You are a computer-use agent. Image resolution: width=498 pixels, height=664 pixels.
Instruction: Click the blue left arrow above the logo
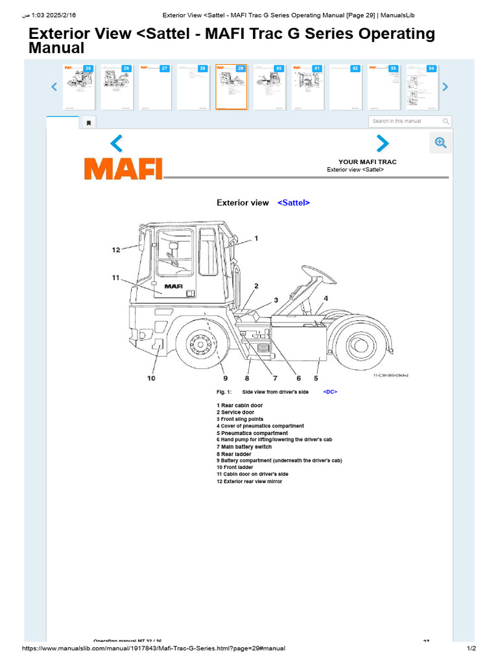click(x=116, y=143)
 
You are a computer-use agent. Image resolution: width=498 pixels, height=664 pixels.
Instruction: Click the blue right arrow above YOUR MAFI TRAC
click(x=383, y=143)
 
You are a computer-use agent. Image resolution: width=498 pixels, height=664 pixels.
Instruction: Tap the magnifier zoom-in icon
click(x=440, y=143)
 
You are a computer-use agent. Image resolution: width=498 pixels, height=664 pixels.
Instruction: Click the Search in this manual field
click(x=405, y=121)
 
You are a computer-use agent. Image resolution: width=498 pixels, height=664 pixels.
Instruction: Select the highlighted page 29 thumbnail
click(x=231, y=87)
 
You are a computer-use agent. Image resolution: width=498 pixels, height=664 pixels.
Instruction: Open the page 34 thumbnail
click(x=421, y=87)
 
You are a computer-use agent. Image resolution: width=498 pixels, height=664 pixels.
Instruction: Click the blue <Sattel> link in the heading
click(x=294, y=203)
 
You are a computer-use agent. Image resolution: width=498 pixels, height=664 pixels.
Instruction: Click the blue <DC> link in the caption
click(x=330, y=392)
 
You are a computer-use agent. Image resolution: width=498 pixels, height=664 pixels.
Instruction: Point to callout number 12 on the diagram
click(x=116, y=250)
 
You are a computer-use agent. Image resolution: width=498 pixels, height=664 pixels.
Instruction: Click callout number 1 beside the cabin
click(x=256, y=239)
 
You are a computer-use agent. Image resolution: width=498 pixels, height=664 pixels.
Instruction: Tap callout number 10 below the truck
click(x=151, y=378)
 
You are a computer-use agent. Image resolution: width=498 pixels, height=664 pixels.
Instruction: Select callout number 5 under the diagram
click(x=316, y=378)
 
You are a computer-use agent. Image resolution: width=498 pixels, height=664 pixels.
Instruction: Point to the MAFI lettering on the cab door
click(x=173, y=286)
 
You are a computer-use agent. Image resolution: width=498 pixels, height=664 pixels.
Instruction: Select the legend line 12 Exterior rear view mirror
click(x=250, y=481)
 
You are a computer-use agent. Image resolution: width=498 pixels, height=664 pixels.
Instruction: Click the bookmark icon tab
click(x=89, y=122)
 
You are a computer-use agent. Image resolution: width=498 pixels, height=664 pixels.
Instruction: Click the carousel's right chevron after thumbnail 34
click(x=445, y=87)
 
